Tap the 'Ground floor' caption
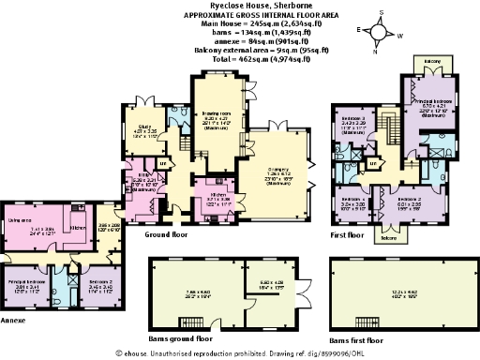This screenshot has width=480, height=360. point(167,235)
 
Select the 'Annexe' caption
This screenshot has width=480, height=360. point(16,319)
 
